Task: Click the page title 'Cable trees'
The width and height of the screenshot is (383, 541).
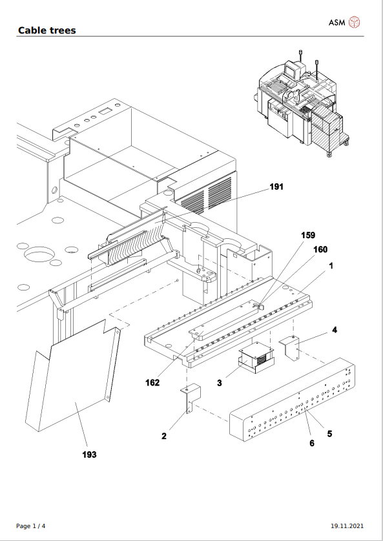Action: tap(47, 30)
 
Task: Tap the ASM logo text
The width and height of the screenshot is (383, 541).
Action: tap(336, 23)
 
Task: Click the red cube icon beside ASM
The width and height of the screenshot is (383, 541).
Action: tap(355, 23)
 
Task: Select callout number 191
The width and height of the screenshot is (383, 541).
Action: tap(276, 187)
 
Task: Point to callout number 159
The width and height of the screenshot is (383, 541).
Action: tap(308, 236)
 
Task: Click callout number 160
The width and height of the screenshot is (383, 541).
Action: tap(320, 249)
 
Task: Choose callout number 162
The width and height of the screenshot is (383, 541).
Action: tap(152, 383)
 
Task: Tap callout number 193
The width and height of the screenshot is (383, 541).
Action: tap(89, 454)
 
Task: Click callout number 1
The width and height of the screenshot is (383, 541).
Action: tap(331, 265)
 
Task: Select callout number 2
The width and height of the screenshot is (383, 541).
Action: tap(164, 436)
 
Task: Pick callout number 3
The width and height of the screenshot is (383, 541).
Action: tap(220, 383)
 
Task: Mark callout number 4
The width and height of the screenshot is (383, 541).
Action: tap(334, 330)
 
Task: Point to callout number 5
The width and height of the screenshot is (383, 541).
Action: tap(329, 434)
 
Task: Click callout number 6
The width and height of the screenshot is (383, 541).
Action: tap(312, 443)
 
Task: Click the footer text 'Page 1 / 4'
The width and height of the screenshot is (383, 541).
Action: tap(31, 526)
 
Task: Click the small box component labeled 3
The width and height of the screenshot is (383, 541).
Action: tap(256, 358)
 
